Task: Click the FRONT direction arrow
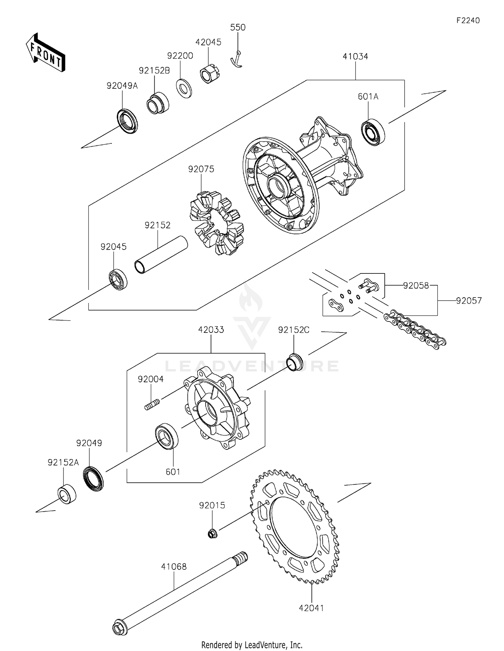[x=45, y=53]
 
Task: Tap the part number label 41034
[x=355, y=56]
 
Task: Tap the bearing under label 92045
[x=118, y=279]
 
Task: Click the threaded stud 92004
[x=152, y=403]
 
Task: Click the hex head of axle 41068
[x=120, y=627]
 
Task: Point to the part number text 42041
[x=311, y=608]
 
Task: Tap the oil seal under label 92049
[x=93, y=478]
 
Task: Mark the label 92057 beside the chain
[x=469, y=301]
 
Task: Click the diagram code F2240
[x=468, y=20]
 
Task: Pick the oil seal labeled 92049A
[x=127, y=121]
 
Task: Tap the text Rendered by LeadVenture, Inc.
[x=252, y=645]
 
